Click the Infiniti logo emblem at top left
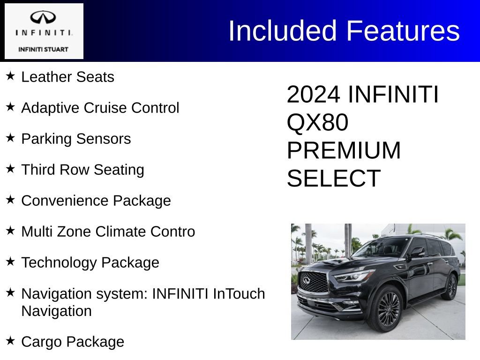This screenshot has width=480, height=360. (43, 17)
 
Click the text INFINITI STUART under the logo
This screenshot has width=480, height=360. (43, 49)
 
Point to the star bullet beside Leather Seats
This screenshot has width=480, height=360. (10, 75)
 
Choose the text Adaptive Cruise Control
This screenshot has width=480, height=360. (100, 108)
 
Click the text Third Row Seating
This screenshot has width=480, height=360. (82, 170)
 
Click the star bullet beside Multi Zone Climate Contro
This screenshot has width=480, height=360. (10, 230)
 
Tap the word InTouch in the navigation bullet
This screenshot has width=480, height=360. (239, 294)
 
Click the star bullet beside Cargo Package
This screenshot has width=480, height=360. (10, 340)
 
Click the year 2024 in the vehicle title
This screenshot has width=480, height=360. (313, 94)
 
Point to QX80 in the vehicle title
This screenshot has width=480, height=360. (317, 122)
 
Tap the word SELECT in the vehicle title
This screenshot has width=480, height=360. (333, 179)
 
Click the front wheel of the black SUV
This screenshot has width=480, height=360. (389, 309)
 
